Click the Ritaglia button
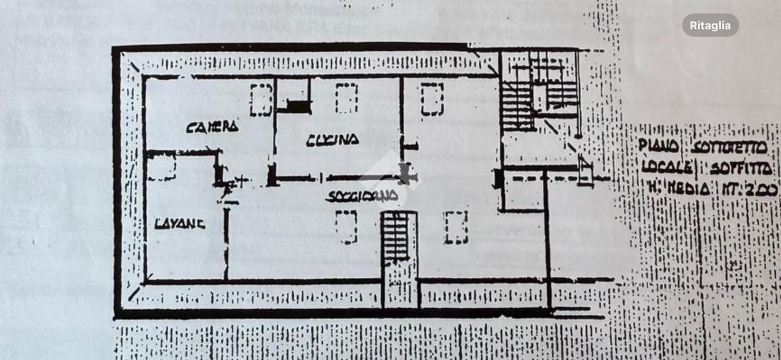coord(710,25)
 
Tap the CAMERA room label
coord(212,126)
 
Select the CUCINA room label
coord(333,139)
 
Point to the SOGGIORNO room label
coord(363,195)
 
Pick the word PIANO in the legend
coord(658,146)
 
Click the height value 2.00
coord(761,189)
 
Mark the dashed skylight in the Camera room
coord(261,100)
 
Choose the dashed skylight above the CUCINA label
coord(346,98)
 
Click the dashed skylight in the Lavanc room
coord(161,167)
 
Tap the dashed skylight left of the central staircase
coord(346,227)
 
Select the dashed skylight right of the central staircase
coord(456,227)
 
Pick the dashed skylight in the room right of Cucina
coord(432,99)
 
